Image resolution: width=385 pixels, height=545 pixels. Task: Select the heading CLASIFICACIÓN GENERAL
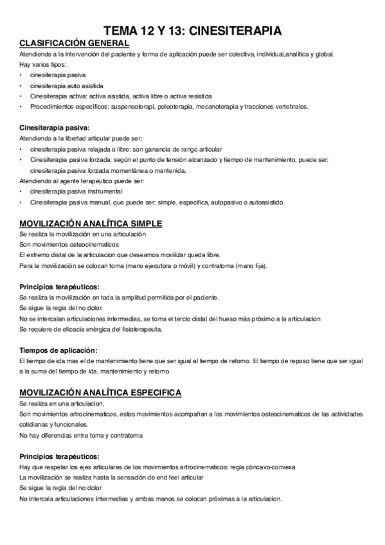[x=75, y=43]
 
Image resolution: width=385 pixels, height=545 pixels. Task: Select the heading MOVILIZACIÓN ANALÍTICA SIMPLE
[x=91, y=224]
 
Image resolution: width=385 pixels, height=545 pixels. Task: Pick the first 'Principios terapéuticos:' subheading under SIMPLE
[x=59, y=287]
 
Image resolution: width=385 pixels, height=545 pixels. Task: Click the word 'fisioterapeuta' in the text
[x=140, y=329]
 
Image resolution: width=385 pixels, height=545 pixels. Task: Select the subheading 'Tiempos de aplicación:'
[x=58, y=350]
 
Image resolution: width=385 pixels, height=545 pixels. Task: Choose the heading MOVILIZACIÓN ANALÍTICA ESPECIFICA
[x=100, y=393]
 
